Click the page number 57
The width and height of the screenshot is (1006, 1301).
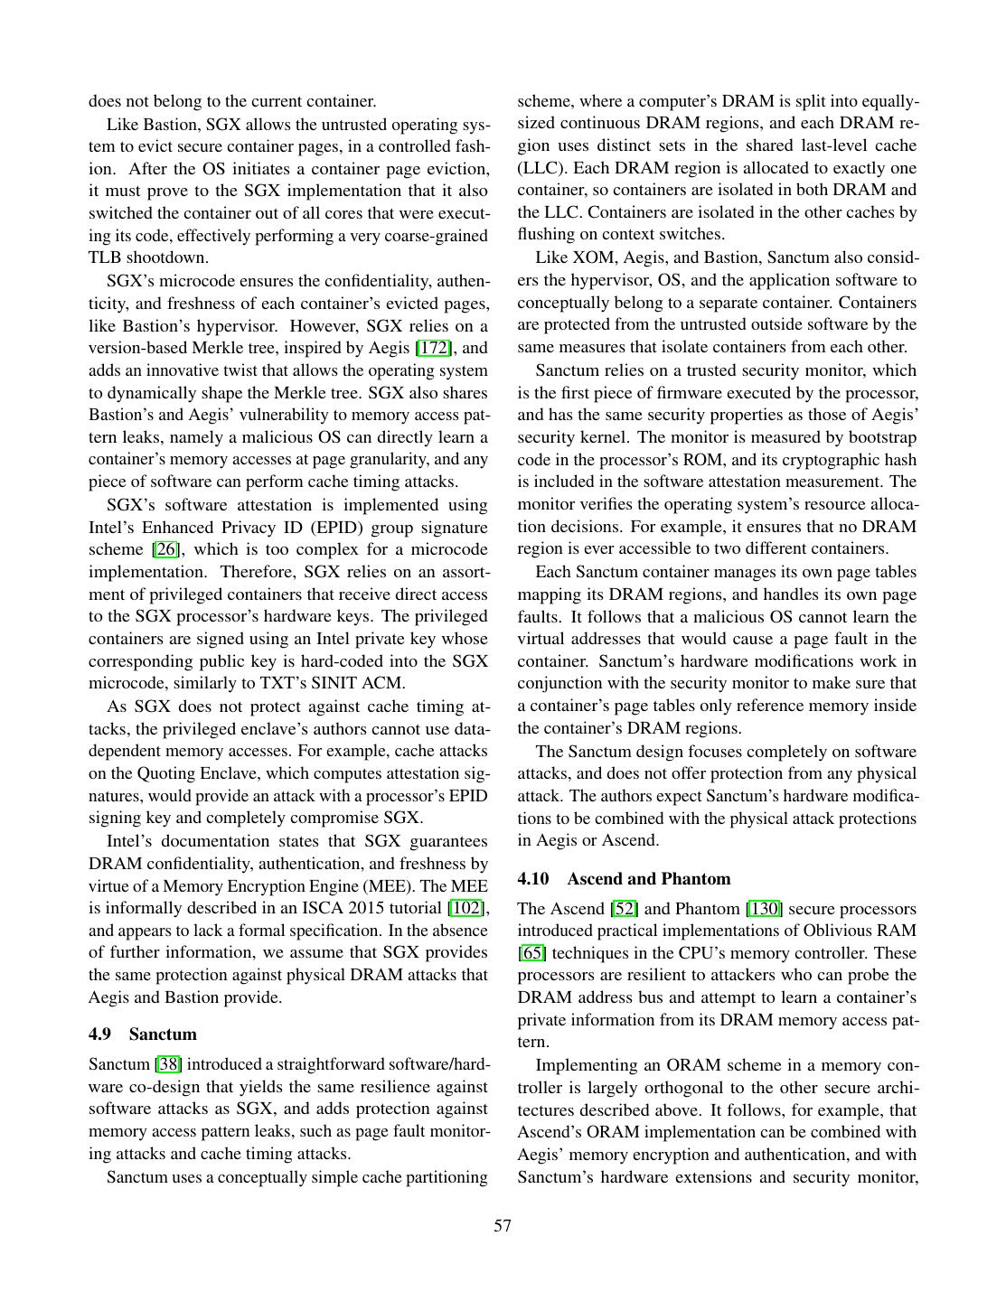[503, 1226]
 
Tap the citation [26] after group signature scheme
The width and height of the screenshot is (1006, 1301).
[165, 549]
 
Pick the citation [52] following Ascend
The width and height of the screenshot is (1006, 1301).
[625, 909]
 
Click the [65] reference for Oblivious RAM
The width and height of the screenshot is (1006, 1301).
[531, 953]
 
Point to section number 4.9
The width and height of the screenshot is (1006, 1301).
[99, 1034]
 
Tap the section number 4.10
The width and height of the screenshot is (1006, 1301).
[533, 879]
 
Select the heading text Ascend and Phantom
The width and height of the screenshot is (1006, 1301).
[649, 879]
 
